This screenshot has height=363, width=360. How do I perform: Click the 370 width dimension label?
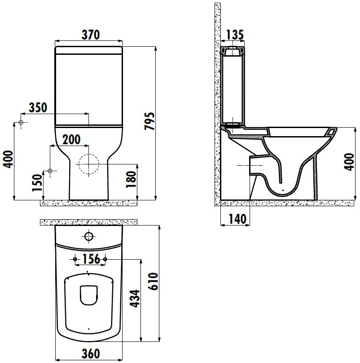91,35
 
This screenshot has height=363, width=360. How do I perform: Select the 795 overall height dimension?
149,121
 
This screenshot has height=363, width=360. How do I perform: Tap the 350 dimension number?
38,107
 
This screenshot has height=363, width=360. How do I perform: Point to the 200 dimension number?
71,140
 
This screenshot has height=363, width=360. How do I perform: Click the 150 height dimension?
37,183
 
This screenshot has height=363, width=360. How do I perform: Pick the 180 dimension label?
131,180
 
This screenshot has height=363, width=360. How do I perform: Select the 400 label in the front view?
8,159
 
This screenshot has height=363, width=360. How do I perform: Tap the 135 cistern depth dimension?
235,35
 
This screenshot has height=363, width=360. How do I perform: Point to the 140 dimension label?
237,219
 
